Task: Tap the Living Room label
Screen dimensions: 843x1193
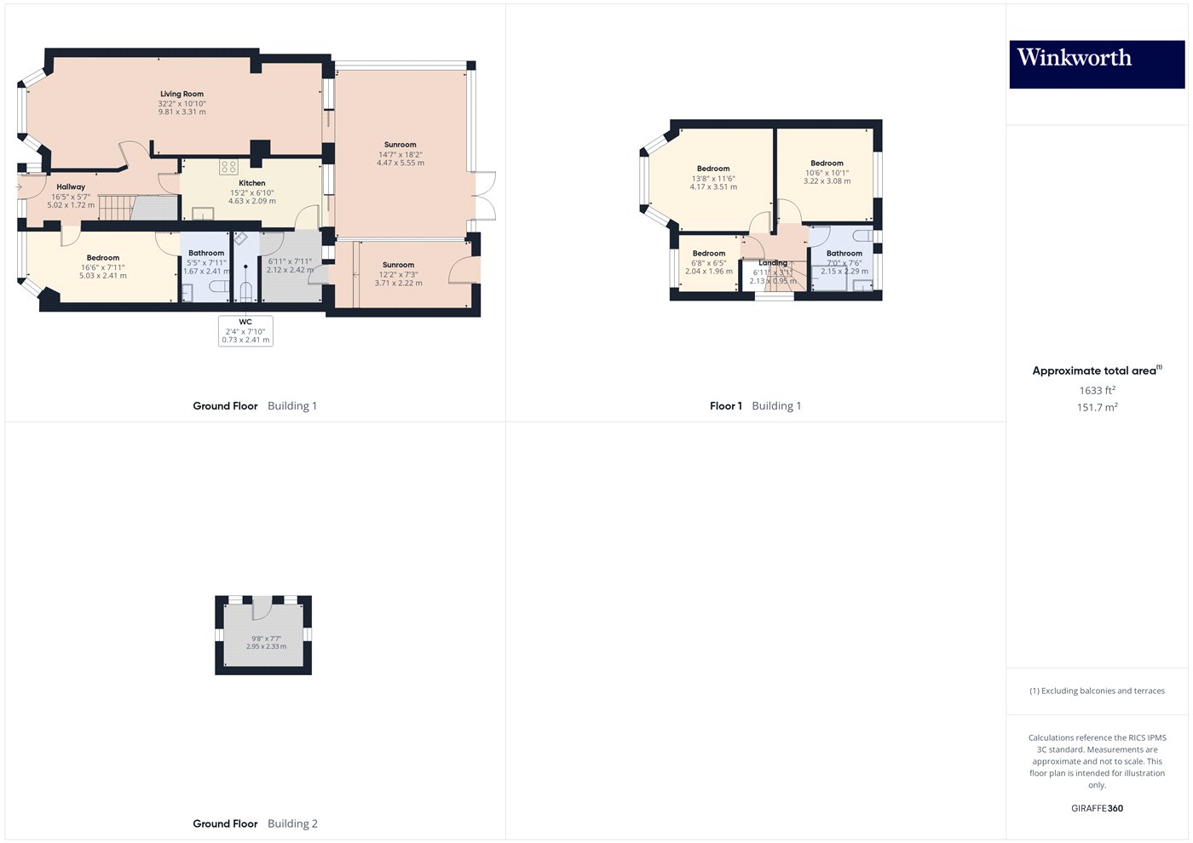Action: click(x=182, y=95)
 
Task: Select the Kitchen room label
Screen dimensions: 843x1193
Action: click(x=251, y=183)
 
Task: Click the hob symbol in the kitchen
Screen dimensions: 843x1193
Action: click(x=228, y=166)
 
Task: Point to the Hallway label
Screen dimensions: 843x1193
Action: click(x=71, y=186)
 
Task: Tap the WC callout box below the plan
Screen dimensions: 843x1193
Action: click(x=245, y=330)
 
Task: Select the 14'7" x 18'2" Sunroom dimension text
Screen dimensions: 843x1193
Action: click(x=400, y=154)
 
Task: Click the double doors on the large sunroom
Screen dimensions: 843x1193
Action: click(x=484, y=197)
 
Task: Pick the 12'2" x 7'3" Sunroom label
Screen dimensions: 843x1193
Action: click(x=398, y=265)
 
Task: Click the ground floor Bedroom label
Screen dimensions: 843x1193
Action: click(x=103, y=258)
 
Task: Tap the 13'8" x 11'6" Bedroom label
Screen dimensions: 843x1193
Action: click(x=713, y=169)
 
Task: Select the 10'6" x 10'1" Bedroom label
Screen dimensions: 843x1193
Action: click(x=827, y=163)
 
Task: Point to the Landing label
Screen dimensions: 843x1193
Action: click(x=773, y=263)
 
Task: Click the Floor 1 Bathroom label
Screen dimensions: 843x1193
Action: click(x=844, y=253)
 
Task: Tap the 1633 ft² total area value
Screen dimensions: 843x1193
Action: click(x=1097, y=390)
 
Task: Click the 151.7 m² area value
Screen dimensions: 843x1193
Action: click(x=1097, y=407)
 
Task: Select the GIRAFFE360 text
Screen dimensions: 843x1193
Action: click(x=1097, y=808)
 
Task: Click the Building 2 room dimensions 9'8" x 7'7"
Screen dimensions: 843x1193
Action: click(x=266, y=638)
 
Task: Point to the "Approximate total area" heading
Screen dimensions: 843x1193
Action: click(x=1095, y=370)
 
